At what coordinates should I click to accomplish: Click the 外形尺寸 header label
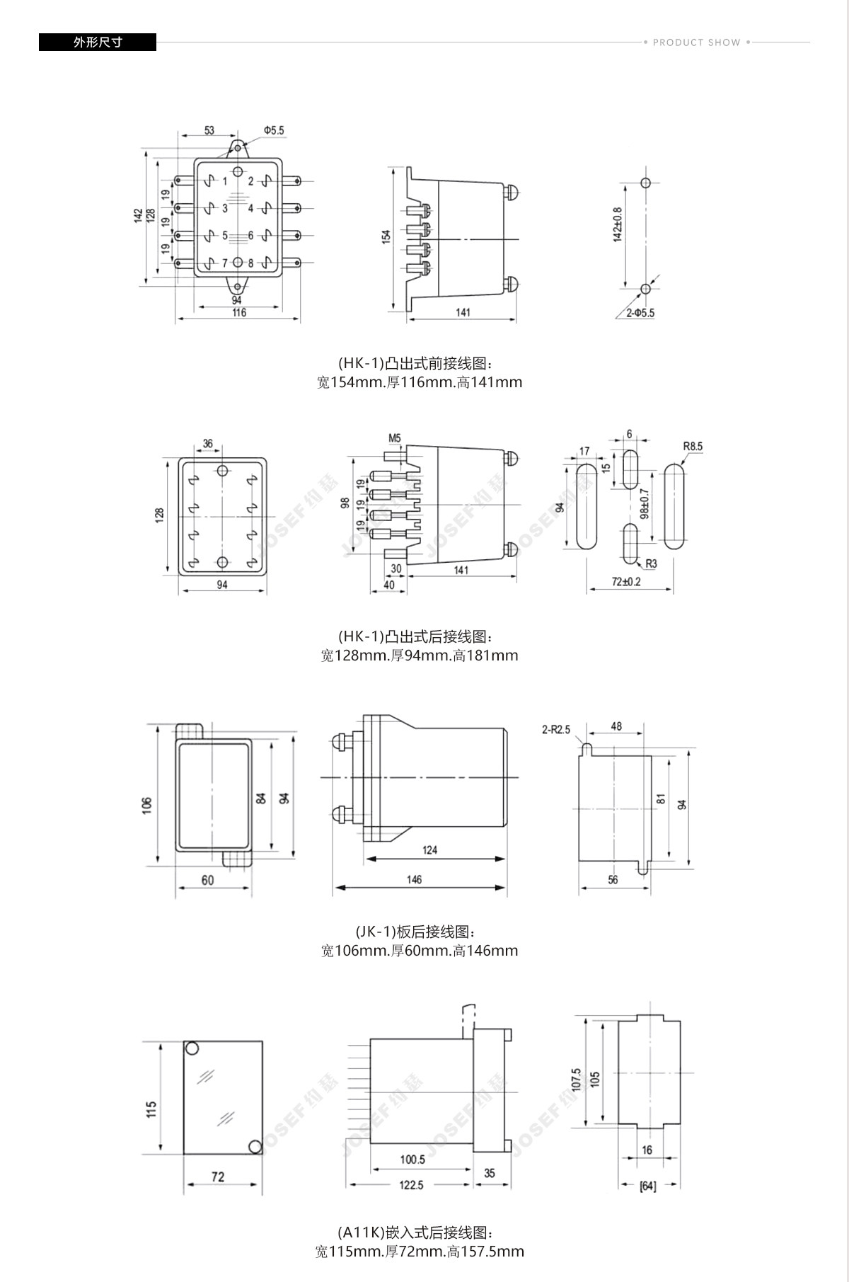98,42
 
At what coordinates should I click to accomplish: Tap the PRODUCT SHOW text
696,42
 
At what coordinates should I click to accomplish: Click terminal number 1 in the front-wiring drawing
225,182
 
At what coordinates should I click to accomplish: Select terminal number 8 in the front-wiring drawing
250,263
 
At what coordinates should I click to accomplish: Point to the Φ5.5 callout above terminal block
273,131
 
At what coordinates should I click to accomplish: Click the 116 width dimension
238,312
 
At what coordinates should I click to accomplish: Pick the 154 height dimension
386,236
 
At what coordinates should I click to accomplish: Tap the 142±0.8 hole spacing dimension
617,224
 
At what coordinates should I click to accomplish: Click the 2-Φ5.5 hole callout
640,313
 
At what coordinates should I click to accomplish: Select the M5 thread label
394,438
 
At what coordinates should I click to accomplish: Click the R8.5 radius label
693,447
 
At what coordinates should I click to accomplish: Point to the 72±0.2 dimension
626,582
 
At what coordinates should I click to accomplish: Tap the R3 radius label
651,564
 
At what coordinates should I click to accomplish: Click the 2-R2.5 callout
556,729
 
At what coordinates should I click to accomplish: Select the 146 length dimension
414,879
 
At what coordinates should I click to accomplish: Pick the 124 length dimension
429,849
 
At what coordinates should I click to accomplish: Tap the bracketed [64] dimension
647,1186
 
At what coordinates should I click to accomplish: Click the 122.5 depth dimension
411,1185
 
